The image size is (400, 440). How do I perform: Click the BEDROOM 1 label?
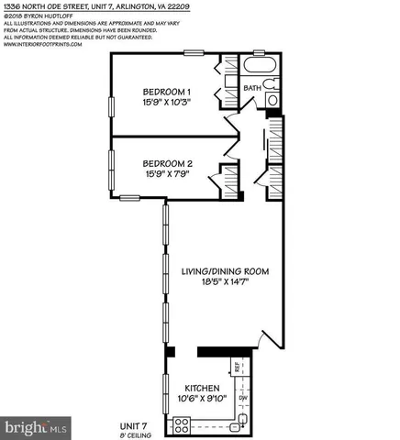(x=166, y=92)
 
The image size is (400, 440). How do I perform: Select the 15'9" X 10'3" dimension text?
(x=166, y=104)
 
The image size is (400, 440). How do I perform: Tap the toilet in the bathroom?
(x=272, y=85)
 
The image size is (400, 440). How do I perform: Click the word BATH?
(x=251, y=88)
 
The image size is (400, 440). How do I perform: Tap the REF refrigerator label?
(x=236, y=368)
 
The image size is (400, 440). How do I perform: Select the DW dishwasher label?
(x=242, y=398)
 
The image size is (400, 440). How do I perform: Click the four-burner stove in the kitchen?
(x=183, y=423)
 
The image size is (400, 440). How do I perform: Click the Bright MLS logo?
(x=36, y=427)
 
